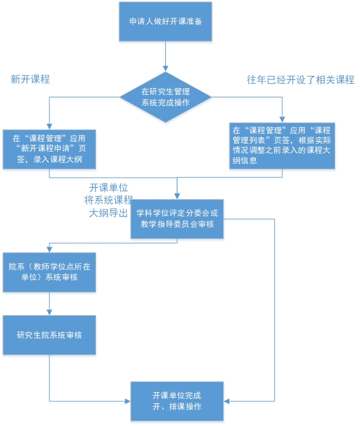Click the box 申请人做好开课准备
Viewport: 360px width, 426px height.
[x=165, y=22]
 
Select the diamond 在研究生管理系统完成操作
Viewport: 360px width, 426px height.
[x=165, y=97]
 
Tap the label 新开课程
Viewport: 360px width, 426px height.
[x=30, y=80]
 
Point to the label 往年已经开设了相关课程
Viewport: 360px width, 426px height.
[x=300, y=80]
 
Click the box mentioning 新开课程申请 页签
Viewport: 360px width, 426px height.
[x=49, y=149]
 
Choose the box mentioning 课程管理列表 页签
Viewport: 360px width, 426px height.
[x=282, y=146]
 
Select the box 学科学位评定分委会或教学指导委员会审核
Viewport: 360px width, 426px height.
[x=177, y=219]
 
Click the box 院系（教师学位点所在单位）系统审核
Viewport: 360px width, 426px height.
[x=49, y=272]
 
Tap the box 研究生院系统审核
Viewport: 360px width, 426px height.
[x=49, y=335]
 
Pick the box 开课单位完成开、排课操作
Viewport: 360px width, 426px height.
[x=177, y=401]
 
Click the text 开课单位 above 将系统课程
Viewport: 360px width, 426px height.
[x=108, y=188]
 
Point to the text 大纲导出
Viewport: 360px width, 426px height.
[x=108, y=213]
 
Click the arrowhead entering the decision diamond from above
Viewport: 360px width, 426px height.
[x=165, y=68]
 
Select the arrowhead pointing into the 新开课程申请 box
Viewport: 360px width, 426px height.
[x=49, y=126]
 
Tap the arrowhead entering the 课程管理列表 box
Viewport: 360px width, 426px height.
[x=282, y=120]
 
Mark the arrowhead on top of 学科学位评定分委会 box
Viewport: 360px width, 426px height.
[x=177, y=197]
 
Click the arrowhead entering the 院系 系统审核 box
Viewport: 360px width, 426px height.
[x=49, y=250]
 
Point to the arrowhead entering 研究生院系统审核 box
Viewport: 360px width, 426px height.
[x=49, y=313]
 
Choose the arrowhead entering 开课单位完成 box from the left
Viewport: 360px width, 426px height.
[x=128, y=401]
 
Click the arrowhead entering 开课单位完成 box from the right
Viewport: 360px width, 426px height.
[x=227, y=401]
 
